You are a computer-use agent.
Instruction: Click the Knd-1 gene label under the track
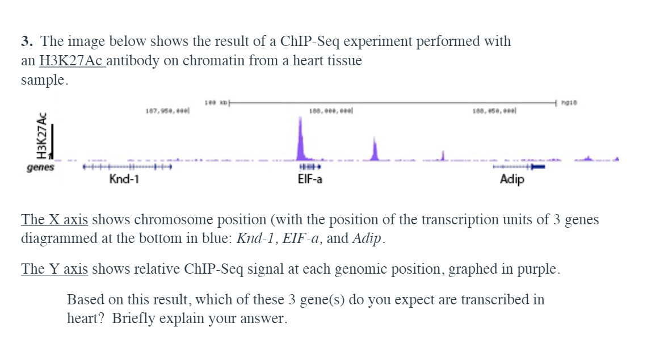[x=124, y=180]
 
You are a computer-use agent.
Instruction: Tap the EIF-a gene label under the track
[x=310, y=180]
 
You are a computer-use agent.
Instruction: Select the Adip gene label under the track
[x=512, y=180]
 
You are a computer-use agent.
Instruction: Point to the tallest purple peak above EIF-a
[x=301, y=139]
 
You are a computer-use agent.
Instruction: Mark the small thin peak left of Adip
[x=444, y=154]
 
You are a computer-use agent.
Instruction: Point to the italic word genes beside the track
[x=40, y=168]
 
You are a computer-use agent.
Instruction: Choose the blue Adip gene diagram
[x=519, y=167]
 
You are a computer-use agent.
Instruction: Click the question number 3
[x=26, y=41]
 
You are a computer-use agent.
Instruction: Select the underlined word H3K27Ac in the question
[x=71, y=61]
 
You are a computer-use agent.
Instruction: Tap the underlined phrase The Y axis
[x=54, y=269]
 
